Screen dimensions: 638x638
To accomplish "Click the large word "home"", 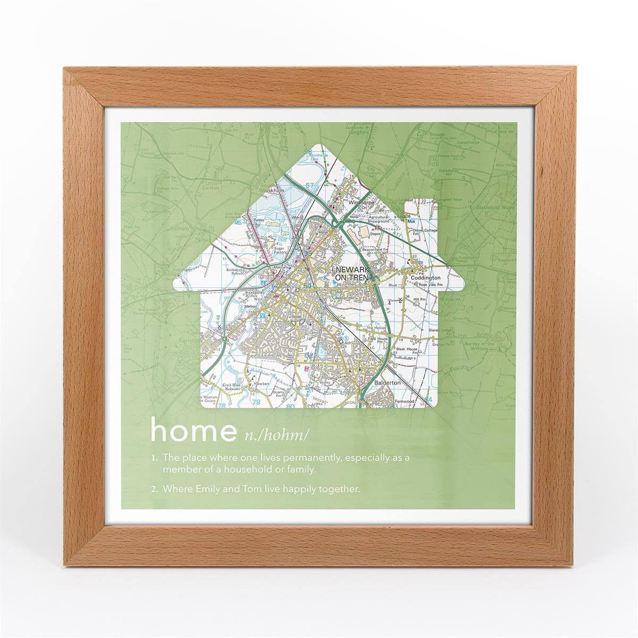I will point(193,432).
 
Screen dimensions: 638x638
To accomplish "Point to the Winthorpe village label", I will point(358,203).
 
